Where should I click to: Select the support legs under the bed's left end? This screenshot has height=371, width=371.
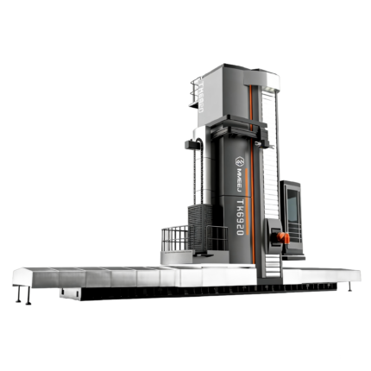(19, 295)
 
